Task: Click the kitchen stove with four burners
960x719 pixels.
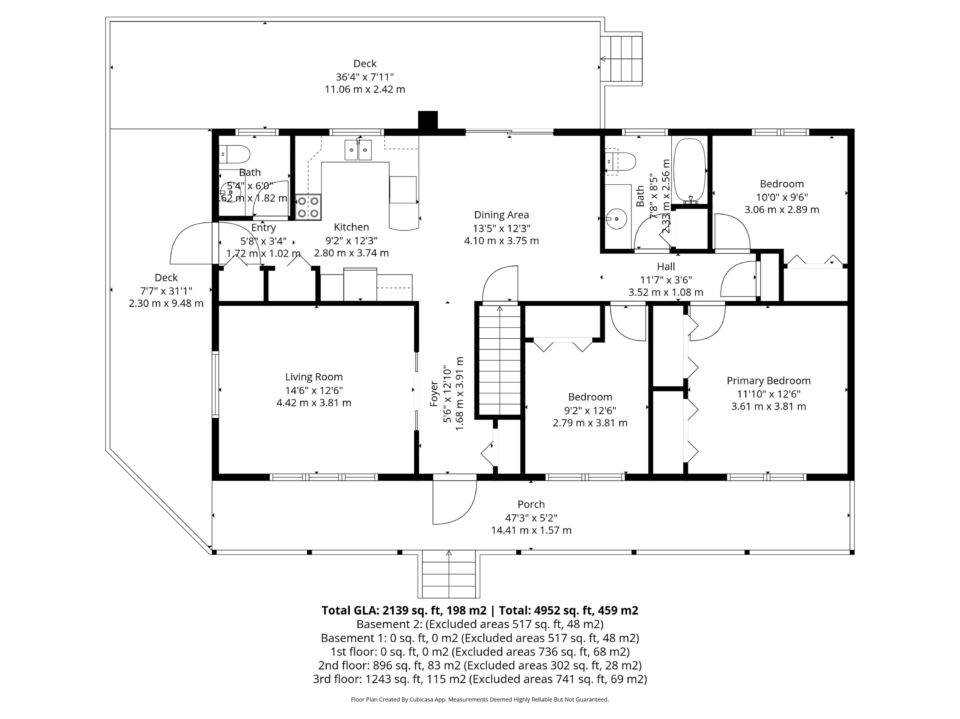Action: (x=308, y=207)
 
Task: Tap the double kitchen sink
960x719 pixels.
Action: (x=358, y=150)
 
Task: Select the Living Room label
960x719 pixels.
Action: (x=314, y=377)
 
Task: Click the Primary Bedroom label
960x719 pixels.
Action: (x=768, y=381)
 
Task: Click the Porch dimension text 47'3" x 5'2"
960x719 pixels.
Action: (x=531, y=517)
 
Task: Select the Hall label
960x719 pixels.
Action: (x=666, y=266)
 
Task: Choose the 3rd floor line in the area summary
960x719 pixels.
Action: (x=480, y=679)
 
